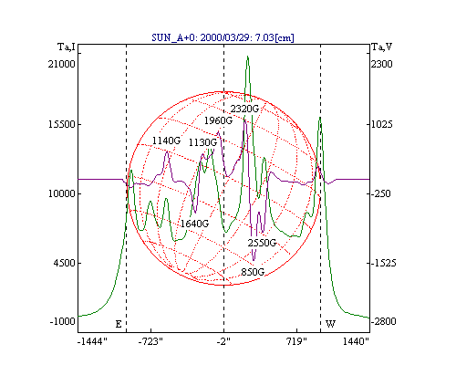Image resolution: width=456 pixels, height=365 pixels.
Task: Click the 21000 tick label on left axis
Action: point(61,64)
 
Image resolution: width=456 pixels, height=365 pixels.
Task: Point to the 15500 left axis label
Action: point(62,124)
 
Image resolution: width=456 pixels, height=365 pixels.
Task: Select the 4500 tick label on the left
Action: point(64,263)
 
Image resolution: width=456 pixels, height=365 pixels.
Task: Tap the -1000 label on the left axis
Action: point(62,321)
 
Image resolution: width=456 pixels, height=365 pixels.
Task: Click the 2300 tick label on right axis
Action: point(382,64)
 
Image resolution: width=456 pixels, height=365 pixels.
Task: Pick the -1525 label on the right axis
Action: point(383,263)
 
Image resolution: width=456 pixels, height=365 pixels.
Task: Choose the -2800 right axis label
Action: point(383,321)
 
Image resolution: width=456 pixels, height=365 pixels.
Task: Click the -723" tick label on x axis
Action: point(150,342)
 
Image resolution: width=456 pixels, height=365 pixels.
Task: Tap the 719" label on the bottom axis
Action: point(297,342)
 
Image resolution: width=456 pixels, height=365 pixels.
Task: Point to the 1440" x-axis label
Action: point(356,342)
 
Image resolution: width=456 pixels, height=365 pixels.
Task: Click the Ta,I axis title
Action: point(67,47)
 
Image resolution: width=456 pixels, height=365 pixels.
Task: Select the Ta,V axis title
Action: point(382,47)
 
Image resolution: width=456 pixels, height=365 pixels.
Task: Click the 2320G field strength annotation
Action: point(244,109)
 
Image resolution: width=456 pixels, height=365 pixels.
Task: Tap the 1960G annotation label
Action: point(218,120)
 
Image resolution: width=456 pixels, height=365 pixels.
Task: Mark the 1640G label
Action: point(194,224)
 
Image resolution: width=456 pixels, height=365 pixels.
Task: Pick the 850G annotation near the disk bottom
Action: point(253,272)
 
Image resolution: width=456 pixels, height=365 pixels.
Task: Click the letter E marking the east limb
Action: point(119,324)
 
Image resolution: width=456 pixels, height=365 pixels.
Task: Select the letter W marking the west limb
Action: point(330,324)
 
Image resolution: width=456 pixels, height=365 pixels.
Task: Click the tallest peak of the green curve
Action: point(248,57)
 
